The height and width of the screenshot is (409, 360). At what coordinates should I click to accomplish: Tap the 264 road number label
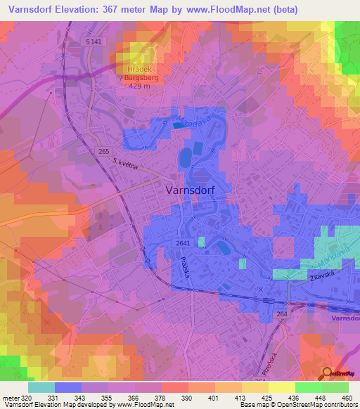(x=282, y=314)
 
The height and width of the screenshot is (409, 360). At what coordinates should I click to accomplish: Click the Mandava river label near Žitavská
(x=318, y=264)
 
